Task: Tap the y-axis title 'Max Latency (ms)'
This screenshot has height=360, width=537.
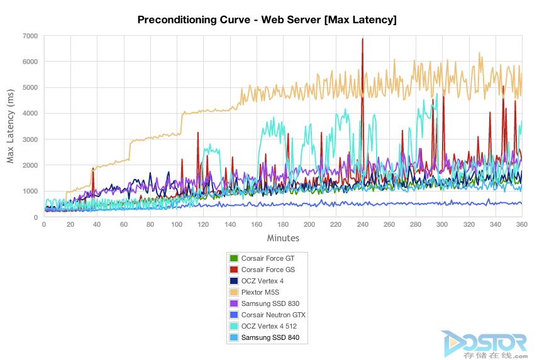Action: point(10,126)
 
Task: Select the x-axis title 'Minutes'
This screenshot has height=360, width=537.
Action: point(283,238)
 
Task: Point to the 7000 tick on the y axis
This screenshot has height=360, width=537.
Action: point(30,36)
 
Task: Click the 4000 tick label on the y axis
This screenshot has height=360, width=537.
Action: point(30,113)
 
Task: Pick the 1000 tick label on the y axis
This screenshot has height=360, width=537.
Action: point(30,191)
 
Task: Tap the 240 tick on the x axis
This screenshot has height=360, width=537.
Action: point(362,224)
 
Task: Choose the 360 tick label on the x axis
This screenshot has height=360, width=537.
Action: point(521,224)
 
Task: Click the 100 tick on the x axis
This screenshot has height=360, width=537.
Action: point(177,224)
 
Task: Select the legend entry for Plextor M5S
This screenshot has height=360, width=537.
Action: point(254,292)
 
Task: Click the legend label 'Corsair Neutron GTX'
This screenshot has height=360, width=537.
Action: point(274,315)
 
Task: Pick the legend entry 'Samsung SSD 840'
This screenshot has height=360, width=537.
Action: point(264,337)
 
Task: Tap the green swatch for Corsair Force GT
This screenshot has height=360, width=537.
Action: point(234,258)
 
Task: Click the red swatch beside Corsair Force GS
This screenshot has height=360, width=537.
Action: point(234,270)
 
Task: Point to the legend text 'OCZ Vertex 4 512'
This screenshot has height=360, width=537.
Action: point(269,326)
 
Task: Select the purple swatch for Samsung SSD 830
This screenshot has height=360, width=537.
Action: point(234,303)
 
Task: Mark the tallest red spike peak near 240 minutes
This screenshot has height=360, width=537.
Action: point(362,39)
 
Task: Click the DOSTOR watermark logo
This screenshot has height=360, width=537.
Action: point(485,344)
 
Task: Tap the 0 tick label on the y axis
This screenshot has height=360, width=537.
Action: point(36,217)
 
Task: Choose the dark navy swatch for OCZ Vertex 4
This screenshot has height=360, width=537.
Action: point(234,281)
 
